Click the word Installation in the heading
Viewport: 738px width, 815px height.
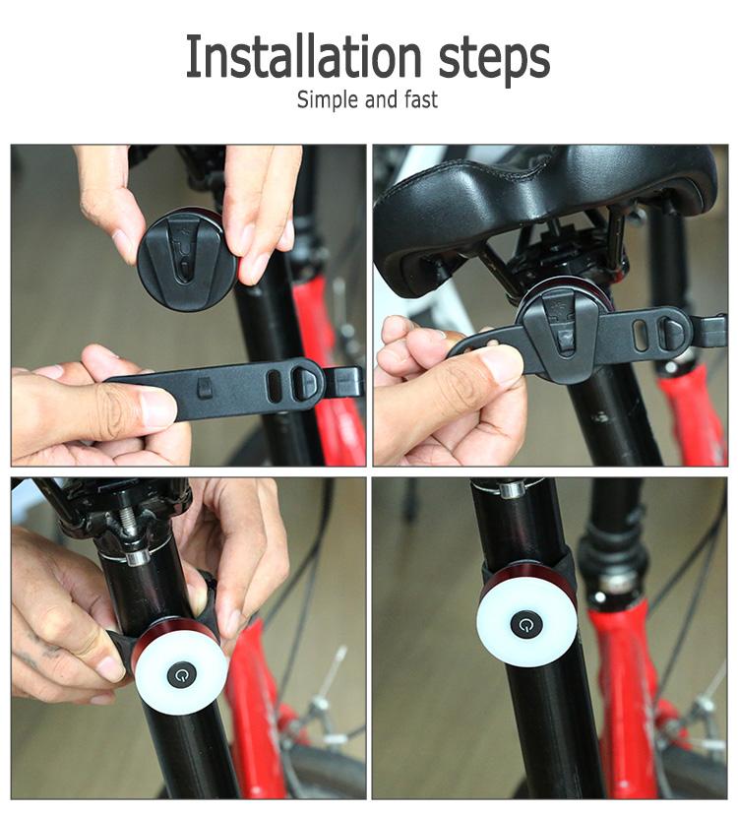tap(303, 56)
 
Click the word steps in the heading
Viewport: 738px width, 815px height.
tap(494, 60)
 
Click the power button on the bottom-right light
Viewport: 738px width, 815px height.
tap(526, 624)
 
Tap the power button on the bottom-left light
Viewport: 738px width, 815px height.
tap(182, 675)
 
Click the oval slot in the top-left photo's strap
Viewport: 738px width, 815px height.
tap(274, 386)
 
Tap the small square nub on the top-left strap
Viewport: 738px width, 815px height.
tap(205, 388)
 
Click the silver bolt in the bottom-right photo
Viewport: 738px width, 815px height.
tap(512, 489)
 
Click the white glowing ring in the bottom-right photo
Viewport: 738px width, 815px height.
tap(527, 623)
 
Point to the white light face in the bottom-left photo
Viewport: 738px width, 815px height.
tap(183, 674)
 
